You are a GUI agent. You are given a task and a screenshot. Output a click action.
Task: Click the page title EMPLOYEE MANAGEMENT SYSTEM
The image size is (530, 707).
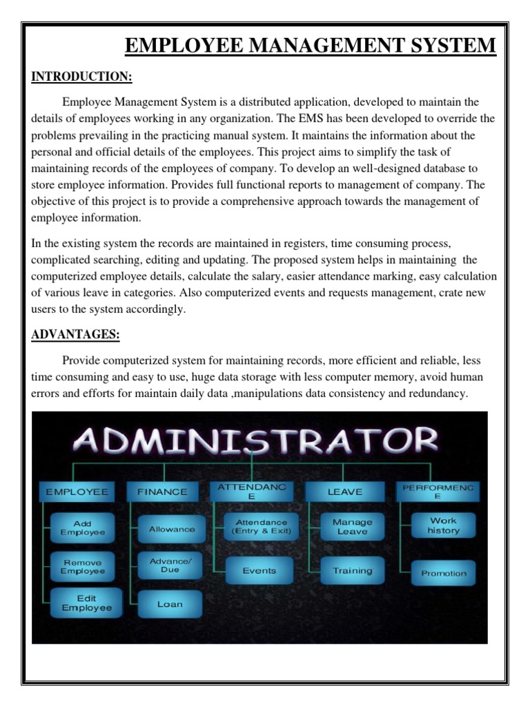310,46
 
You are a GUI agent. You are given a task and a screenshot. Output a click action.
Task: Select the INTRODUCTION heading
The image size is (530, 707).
81,75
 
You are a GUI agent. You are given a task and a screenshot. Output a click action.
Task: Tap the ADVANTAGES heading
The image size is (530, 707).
75,335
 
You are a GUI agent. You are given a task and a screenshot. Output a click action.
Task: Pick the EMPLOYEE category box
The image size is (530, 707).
77,492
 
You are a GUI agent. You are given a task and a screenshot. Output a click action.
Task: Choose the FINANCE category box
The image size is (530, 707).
162,492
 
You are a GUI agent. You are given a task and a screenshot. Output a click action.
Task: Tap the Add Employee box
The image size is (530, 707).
83,528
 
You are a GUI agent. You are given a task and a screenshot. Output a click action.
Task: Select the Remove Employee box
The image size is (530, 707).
83,566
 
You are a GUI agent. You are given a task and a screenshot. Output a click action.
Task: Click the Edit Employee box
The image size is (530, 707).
86,603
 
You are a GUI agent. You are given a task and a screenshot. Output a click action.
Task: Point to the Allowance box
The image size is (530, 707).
172,529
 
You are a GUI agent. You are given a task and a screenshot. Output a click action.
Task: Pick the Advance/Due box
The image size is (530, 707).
170,565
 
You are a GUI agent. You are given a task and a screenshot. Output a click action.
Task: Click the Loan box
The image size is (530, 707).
170,604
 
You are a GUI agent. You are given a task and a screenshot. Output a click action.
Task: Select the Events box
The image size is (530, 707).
259,571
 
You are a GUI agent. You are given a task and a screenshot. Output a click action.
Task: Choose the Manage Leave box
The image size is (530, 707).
353,527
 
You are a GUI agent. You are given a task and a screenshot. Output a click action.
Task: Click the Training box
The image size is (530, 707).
353,571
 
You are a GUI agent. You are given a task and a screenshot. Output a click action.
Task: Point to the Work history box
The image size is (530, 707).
443,525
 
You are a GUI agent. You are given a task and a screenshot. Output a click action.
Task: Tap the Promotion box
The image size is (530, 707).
444,573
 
